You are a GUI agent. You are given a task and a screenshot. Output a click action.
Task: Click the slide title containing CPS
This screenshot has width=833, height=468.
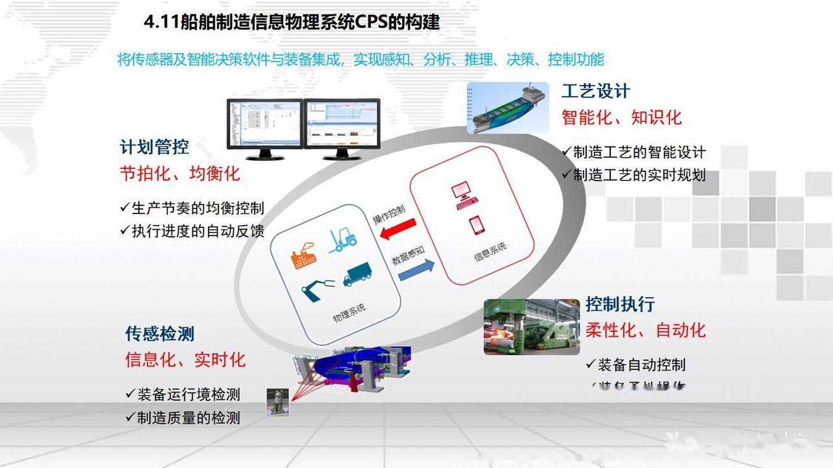coord(292,23)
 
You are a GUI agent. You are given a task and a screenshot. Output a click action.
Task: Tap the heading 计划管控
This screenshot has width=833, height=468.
coord(154,147)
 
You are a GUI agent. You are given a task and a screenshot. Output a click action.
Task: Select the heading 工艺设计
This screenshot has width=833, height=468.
coord(595,92)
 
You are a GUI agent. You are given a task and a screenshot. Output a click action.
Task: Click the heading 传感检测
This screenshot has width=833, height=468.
coord(160,334)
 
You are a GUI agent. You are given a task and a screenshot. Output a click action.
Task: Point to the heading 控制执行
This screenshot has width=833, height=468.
coord(620,304)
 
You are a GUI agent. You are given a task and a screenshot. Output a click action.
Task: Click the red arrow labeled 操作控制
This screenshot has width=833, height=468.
coord(398,229)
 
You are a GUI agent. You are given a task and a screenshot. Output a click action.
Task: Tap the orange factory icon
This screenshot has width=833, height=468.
coord(303,255)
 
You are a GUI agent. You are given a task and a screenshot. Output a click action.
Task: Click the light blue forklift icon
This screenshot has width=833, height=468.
coord(342,240)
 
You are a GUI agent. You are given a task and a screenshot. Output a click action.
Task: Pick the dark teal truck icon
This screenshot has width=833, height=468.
coord(357,275)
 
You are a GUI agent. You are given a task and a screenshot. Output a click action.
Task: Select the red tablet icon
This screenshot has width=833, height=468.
coord(477,225)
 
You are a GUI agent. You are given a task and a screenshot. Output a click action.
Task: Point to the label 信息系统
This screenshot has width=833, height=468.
coord(490,251)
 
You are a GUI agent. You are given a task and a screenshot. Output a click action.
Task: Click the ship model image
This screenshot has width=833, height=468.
coord(507,108)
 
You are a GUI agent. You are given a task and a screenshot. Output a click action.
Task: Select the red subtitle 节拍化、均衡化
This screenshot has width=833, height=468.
coord(180,173)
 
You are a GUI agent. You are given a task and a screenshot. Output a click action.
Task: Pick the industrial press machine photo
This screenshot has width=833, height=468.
coord(532,326)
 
